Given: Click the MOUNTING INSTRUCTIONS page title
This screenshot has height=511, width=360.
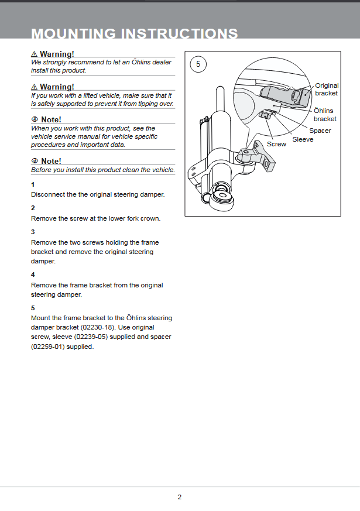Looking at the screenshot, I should (134, 33).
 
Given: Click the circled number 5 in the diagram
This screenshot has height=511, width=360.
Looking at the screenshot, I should (198, 64).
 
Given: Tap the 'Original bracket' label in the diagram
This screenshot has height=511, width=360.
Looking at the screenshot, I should (326, 90).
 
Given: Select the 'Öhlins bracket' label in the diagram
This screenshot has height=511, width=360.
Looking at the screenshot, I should (325, 115).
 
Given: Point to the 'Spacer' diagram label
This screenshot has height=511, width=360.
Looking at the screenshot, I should (320, 131).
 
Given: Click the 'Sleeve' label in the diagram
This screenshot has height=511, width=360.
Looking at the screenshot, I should (303, 139).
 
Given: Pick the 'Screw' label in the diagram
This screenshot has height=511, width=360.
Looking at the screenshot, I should (276, 144).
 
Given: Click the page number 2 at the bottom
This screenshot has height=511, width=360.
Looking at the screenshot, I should (180, 497).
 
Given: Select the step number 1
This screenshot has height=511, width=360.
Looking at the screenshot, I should (33, 184).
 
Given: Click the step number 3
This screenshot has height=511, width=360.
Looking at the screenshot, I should (33, 232).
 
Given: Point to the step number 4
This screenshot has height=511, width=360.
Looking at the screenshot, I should (33, 275).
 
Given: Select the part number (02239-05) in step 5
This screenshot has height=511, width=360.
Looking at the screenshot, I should (91, 337).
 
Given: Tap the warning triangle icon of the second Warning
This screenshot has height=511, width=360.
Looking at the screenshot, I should (35, 87).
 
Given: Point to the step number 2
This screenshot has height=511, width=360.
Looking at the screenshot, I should (33, 208).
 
